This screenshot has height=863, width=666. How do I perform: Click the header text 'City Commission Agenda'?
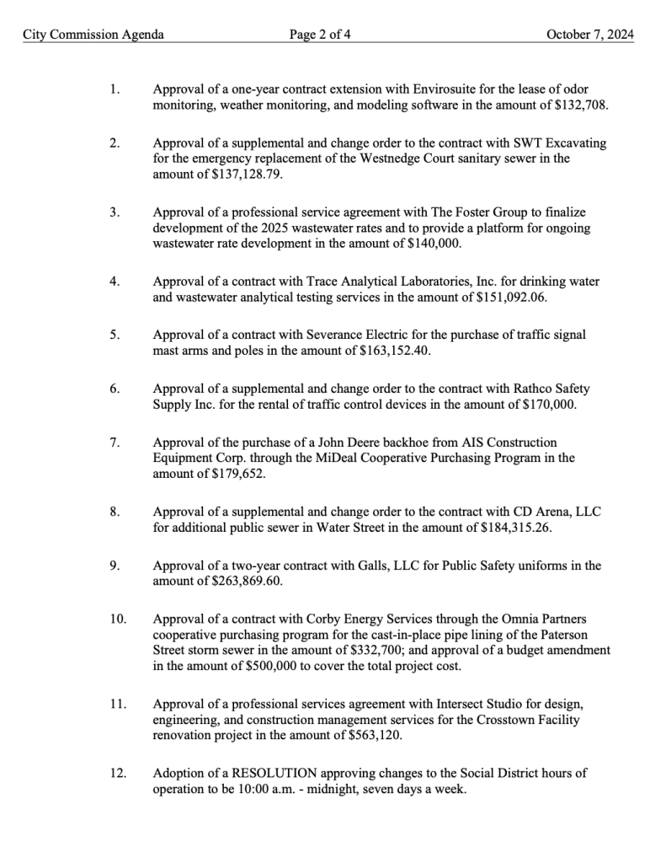93,35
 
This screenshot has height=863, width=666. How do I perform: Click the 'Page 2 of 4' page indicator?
319,35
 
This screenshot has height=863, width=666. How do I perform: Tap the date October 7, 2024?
589,35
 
